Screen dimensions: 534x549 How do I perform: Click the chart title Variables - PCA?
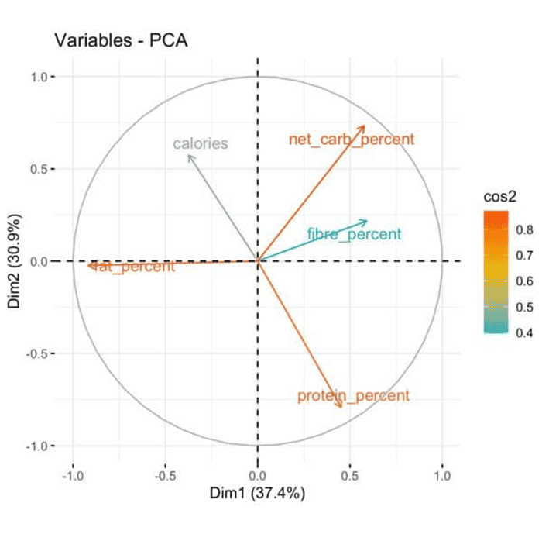(120, 41)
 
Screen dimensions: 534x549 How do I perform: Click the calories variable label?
(201, 143)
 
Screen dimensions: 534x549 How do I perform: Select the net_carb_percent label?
(352, 140)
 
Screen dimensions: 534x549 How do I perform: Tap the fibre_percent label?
(354, 234)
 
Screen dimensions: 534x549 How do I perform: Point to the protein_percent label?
(353, 396)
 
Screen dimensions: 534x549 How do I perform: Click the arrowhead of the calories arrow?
(189, 156)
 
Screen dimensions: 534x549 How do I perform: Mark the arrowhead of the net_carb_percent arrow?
(364, 126)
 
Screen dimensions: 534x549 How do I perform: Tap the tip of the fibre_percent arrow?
(368, 220)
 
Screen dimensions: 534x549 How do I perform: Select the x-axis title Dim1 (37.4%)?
(257, 493)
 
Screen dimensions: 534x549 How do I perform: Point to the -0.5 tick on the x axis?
(164, 474)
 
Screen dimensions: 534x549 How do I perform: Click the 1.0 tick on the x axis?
(442, 474)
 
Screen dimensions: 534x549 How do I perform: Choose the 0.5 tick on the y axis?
(41, 169)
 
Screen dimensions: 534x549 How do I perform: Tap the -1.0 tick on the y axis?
(39, 446)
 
